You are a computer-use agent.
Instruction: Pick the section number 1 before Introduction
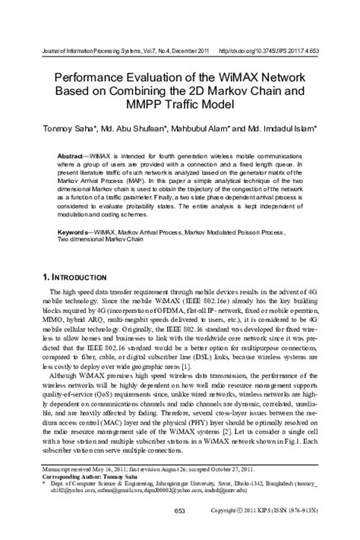click(45, 276)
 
